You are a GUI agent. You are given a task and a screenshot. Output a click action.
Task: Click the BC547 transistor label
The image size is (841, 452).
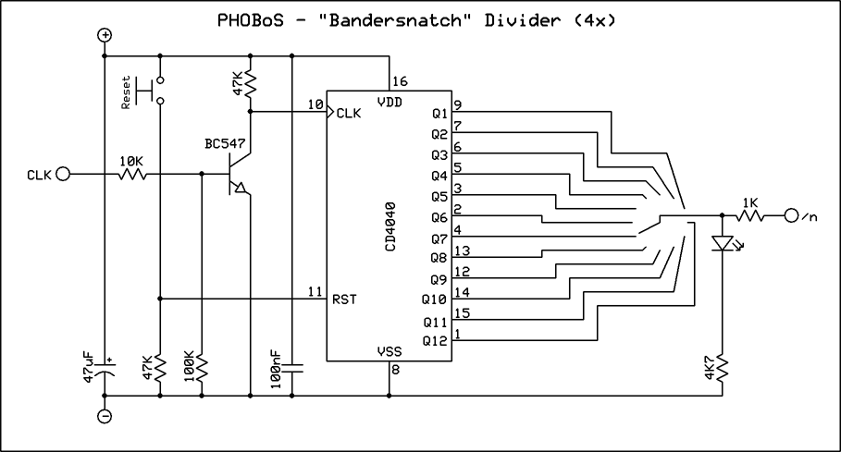click(x=226, y=145)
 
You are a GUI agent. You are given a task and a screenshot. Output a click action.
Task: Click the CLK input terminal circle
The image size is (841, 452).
click(x=63, y=174)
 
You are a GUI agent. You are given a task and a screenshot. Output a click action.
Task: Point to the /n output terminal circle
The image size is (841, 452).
click(x=791, y=216)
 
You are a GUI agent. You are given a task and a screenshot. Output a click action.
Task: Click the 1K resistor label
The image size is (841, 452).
click(x=748, y=202)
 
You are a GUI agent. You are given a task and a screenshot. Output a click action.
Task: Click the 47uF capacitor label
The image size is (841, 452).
click(x=89, y=368)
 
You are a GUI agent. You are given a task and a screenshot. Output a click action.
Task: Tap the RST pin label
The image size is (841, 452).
click(x=345, y=299)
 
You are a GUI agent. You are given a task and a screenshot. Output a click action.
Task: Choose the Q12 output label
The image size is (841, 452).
click(x=435, y=341)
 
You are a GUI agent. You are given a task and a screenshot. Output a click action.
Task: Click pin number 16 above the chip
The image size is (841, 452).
click(x=400, y=81)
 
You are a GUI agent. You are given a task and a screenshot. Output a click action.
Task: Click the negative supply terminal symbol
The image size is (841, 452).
click(x=105, y=417)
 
